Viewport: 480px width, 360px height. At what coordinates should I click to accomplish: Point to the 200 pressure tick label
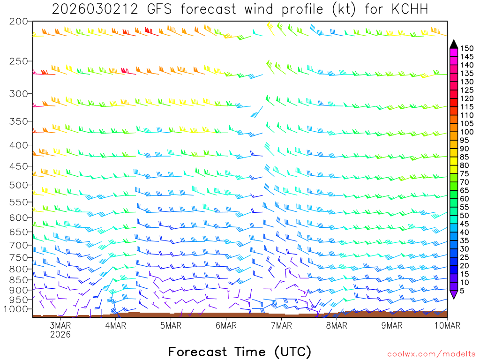click(18, 22)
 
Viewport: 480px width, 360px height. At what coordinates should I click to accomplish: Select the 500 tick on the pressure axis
click(18, 185)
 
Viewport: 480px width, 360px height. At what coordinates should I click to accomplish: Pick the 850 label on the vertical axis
click(18, 280)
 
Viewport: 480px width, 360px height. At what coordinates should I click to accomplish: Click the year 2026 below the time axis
click(60, 335)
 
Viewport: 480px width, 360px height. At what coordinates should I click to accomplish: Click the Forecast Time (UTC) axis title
click(240, 352)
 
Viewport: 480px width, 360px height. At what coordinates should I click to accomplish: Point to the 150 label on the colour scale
click(467, 48)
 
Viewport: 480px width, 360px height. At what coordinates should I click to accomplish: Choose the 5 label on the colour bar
click(463, 291)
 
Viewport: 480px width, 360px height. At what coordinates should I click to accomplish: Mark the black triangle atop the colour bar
click(453, 44)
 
